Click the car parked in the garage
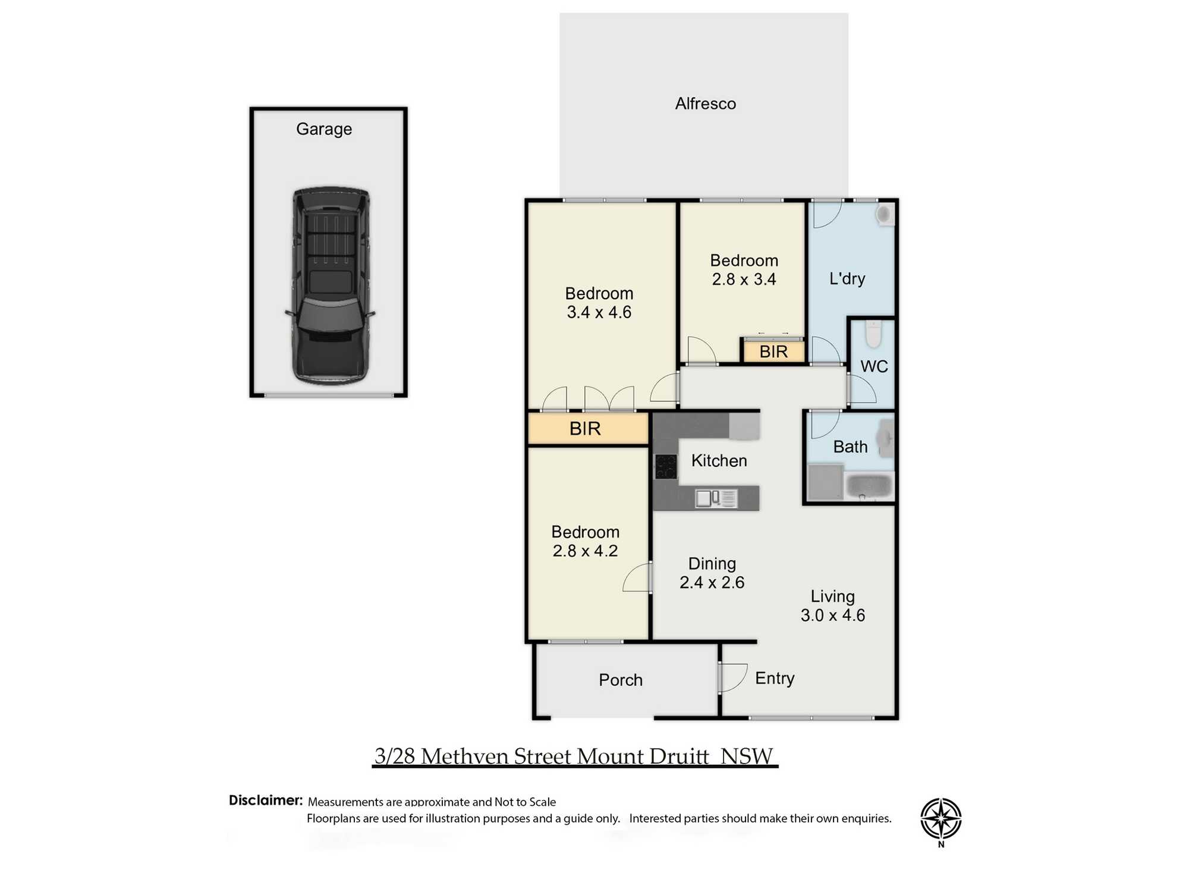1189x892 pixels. pyautogui.click(x=331, y=285)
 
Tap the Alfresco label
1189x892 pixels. pyautogui.click(x=705, y=104)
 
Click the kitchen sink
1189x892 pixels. pyautogui.click(x=716, y=498)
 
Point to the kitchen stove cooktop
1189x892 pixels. pyautogui.click(x=666, y=466)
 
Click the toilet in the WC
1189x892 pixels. pyautogui.click(x=873, y=334)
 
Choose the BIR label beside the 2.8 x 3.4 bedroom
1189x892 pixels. pyautogui.click(x=773, y=352)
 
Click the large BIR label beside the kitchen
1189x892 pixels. pyautogui.click(x=585, y=429)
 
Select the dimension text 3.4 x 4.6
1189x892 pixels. pyautogui.click(x=599, y=312)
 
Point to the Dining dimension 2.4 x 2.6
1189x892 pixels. pyautogui.click(x=712, y=582)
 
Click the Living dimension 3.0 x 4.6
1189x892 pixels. pyautogui.click(x=832, y=615)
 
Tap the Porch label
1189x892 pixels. pyautogui.click(x=621, y=680)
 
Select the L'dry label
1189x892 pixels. pyautogui.click(x=847, y=279)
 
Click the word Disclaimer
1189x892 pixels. pyautogui.click(x=266, y=800)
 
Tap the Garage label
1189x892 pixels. pyautogui.click(x=324, y=129)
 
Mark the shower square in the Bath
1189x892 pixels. pyautogui.click(x=825, y=482)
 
